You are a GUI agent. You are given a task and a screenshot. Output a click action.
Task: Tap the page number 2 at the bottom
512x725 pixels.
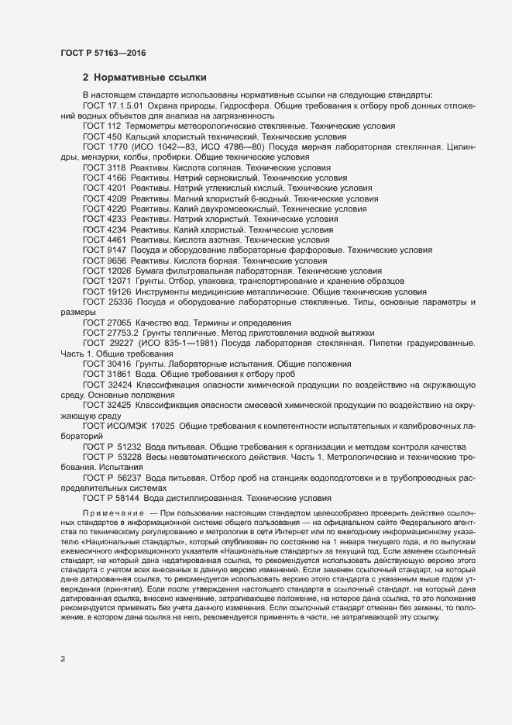pyautogui.click(x=63, y=659)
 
